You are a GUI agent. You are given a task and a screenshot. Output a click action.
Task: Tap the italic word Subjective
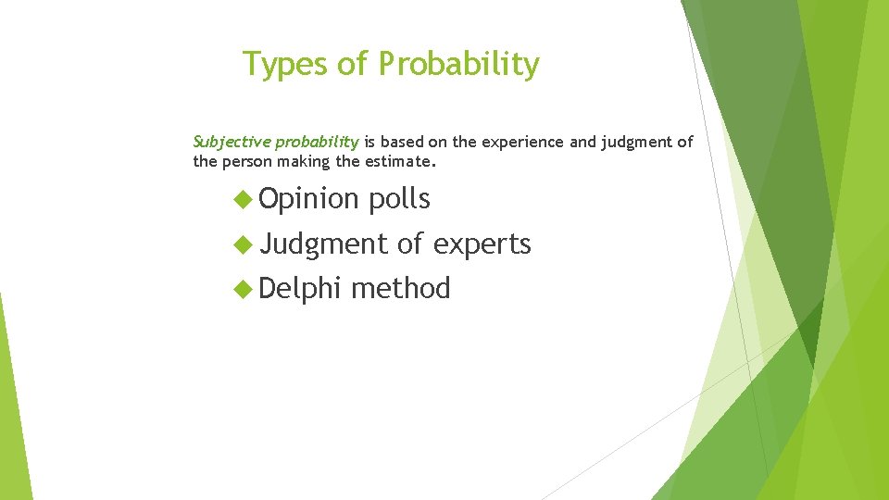click(x=228, y=142)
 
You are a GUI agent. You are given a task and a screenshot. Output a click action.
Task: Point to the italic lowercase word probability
click(x=313, y=142)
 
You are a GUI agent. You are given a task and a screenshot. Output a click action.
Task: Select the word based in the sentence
click(x=400, y=142)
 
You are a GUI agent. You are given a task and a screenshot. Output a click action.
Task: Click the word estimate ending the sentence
click(x=401, y=161)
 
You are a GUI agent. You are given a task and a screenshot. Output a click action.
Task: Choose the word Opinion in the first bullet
click(x=308, y=198)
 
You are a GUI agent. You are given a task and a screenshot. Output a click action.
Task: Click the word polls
click(x=399, y=198)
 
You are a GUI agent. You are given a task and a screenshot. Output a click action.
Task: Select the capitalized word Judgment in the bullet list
click(x=323, y=244)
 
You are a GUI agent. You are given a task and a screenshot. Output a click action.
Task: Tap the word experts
click(x=482, y=244)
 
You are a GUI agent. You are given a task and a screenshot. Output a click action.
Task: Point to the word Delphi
click(x=301, y=289)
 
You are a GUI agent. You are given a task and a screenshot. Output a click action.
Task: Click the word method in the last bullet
click(x=400, y=289)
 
